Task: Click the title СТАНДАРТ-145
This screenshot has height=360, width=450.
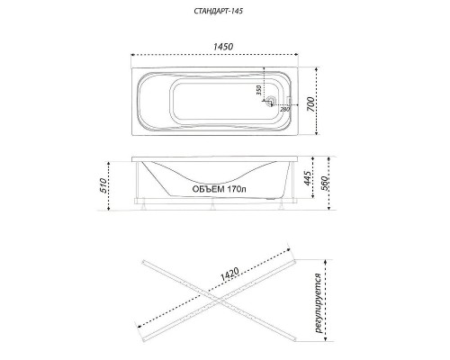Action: point(218,12)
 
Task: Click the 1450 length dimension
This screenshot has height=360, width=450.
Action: point(223,47)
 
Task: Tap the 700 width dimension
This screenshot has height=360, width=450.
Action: point(311,104)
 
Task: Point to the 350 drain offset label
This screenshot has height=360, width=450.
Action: point(259,90)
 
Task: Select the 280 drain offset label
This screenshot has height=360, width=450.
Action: point(284,109)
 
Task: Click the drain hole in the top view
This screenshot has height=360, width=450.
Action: point(272,100)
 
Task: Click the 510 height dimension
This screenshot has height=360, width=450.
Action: point(103,185)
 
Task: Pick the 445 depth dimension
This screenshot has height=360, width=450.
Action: point(307,178)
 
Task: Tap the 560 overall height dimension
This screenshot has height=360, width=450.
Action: point(325,183)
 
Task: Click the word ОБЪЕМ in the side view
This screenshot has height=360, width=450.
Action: point(208,189)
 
